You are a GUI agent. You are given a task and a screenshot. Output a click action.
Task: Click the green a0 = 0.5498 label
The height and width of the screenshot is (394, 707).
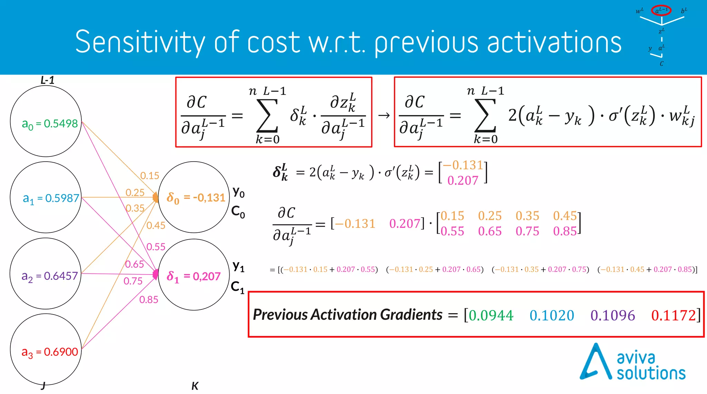(x=50, y=124)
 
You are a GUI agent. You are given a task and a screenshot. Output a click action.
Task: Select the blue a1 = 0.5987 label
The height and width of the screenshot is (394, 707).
(x=51, y=198)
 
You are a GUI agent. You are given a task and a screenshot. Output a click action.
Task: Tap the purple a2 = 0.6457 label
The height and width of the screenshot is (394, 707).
(x=49, y=276)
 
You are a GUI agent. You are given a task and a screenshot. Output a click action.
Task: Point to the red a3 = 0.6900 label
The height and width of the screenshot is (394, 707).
(x=50, y=352)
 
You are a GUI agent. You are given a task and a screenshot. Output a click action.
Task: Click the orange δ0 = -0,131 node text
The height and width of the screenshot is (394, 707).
(x=196, y=198)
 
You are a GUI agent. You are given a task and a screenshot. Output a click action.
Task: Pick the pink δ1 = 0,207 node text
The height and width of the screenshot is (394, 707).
(x=193, y=276)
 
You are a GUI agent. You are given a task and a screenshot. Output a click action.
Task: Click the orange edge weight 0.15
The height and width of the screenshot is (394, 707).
(x=149, y=176)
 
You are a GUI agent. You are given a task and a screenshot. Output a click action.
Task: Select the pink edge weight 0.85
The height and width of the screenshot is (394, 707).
(x=149, y=300)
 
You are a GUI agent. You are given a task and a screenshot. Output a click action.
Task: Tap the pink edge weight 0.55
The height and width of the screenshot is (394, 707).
(x=156, y=247)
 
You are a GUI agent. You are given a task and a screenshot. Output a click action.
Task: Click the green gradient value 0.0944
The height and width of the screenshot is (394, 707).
(x=491, y=315)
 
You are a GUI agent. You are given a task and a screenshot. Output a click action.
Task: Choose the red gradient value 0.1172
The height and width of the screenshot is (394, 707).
(x=673, y=315)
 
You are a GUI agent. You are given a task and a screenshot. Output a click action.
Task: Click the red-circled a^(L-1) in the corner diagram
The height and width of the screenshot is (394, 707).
(x=661, y=10)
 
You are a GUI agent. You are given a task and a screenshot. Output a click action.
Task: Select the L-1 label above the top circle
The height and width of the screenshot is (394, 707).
(x=47, y=80)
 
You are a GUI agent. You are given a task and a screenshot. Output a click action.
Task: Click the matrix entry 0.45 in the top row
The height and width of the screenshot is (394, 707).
(x=565, y=216)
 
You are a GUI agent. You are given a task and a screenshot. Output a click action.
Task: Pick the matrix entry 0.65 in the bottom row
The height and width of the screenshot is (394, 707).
(x=490, y=231)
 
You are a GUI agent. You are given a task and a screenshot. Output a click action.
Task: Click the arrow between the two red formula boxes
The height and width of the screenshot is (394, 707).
(x=384, y=115)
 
